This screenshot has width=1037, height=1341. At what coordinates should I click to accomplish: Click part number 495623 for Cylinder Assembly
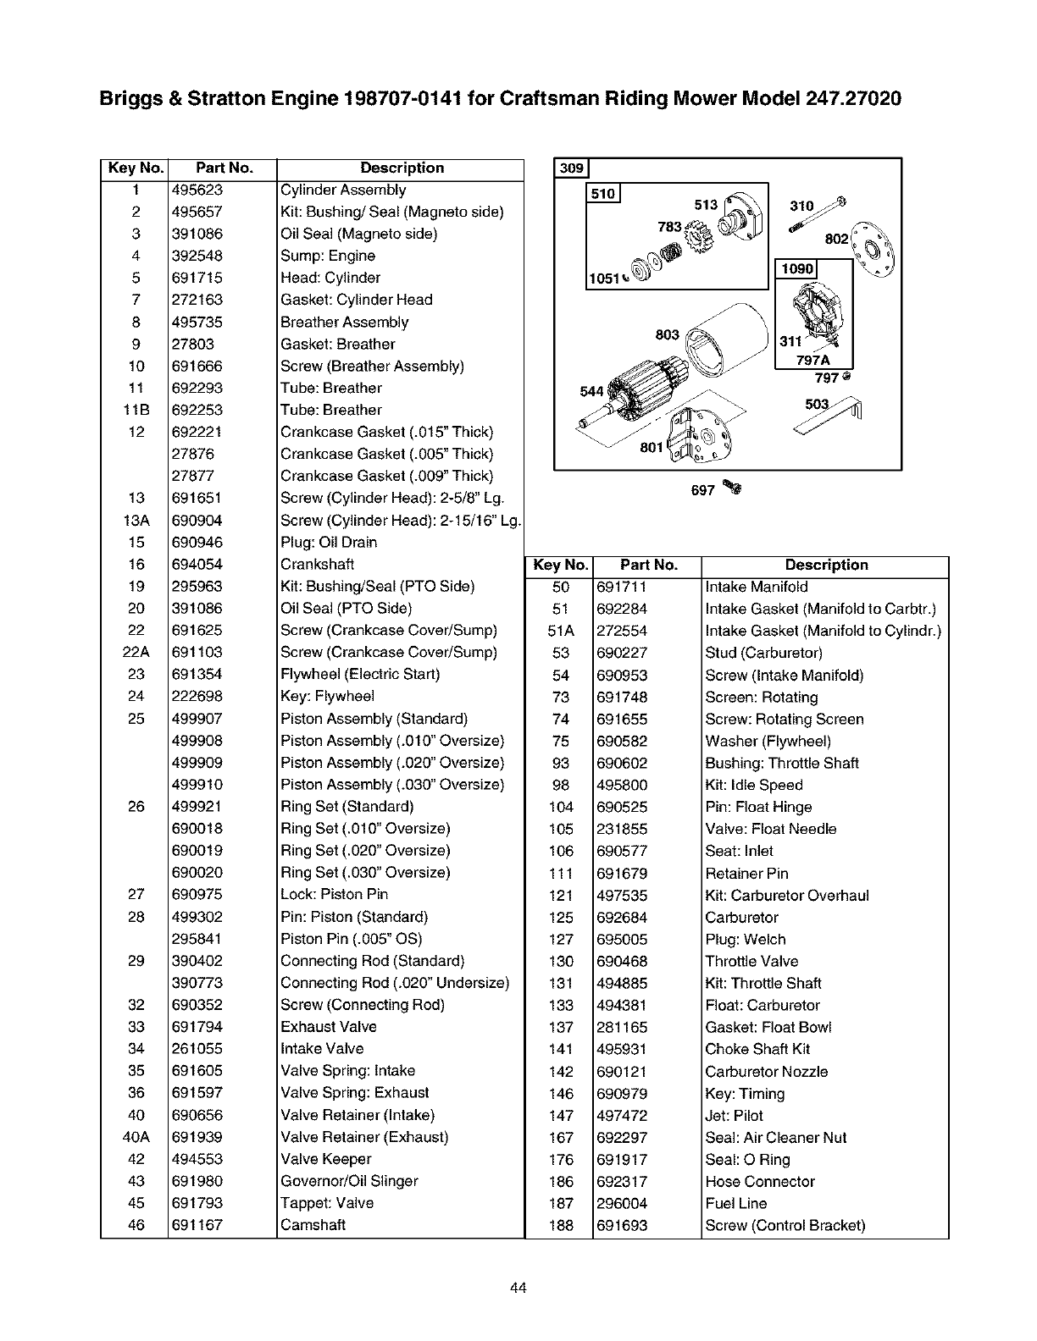tap(197, 190)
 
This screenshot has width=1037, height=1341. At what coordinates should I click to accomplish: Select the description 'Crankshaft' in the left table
tap(317, 565)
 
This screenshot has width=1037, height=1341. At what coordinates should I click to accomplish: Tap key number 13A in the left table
tap(136, 521)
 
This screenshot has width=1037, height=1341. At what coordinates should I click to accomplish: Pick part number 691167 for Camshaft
tap(197, 1225)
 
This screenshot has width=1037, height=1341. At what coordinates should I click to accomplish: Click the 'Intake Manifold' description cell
tap(757, 587)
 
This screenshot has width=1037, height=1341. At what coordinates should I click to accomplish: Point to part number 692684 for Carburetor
tap(622, 918)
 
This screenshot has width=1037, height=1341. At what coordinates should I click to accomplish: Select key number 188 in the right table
tap(561, 1226)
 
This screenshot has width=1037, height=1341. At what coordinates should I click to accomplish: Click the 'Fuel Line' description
tap(735, 1204)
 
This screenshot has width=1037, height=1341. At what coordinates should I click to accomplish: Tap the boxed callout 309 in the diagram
tap(572, 168)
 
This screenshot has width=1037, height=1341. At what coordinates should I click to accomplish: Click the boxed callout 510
tap(603, 194)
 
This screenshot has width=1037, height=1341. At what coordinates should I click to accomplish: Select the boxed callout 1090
tap(797, 269)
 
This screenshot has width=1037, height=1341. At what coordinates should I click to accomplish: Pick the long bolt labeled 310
tap(818, 215)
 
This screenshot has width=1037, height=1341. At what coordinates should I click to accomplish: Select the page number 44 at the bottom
tap(518, 1289)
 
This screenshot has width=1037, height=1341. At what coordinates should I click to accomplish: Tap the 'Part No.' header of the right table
tap(648, 566)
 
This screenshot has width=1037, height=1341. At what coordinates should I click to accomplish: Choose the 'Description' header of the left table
tap(402, 168)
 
